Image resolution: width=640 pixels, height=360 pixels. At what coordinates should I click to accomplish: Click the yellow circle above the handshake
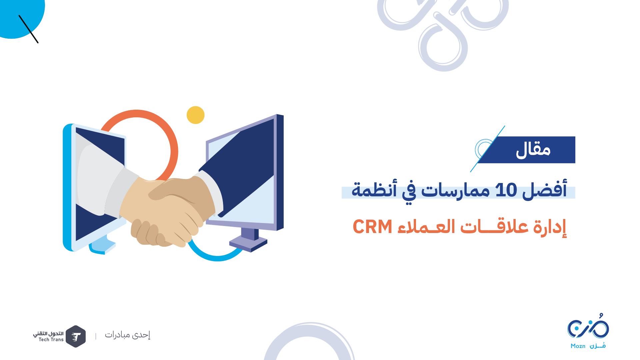(196, 115)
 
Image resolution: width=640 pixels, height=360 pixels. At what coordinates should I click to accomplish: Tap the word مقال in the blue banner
(533, 150)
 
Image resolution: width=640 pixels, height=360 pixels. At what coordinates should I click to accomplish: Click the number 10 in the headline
(506, 190)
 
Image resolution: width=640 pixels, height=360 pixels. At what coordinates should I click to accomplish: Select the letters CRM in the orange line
(372, 227)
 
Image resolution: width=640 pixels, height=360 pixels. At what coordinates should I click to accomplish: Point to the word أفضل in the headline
(545, 189)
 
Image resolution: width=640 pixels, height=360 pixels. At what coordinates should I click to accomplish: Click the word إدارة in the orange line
(550, 227)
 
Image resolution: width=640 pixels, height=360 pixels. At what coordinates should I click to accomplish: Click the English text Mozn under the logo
(578, 346)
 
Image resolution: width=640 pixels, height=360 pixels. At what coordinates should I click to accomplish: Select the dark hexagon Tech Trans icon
(76, 336)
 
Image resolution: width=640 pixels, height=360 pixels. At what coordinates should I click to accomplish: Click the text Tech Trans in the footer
(51, 340)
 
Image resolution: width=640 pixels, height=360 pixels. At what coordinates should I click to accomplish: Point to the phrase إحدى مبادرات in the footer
(128, 335)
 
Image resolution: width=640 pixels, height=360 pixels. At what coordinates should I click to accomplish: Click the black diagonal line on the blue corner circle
(29, 29)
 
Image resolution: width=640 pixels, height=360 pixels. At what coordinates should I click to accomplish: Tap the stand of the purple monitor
(248, 240)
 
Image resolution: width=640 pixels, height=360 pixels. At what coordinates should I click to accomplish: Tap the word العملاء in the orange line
(427, 227)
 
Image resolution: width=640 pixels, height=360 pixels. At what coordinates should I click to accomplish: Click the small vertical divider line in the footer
(96, 336)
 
